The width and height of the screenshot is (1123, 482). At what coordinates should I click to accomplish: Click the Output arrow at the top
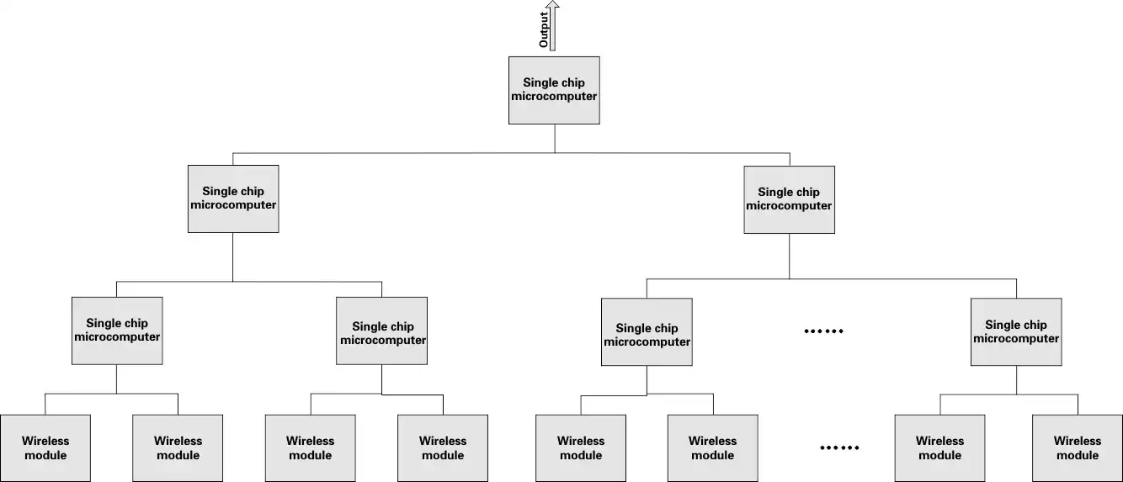553,25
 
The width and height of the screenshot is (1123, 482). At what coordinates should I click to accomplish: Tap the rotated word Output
544,29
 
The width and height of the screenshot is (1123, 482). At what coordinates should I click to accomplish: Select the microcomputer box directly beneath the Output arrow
554,90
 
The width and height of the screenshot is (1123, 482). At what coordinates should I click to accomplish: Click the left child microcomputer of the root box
233,199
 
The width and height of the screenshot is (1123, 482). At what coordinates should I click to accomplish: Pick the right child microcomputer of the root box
789,199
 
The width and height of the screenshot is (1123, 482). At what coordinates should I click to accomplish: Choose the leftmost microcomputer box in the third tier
117,331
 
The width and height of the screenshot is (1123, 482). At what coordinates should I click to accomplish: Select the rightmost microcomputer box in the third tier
1016,331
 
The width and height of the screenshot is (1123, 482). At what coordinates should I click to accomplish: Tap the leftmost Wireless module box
45,448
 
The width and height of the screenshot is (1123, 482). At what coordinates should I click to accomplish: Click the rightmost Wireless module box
1078,448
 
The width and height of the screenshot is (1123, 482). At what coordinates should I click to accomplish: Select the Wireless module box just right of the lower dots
939,448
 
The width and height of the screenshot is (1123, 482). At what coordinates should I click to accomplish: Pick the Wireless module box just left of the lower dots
712,448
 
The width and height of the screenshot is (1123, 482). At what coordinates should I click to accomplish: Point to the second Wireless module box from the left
178,448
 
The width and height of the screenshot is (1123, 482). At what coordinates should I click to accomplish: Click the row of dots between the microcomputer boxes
823,331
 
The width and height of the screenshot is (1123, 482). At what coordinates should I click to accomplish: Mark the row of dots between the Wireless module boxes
839,448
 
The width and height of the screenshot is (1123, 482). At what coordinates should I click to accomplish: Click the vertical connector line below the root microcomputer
555,138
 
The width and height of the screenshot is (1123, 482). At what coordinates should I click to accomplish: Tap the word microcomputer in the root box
554,97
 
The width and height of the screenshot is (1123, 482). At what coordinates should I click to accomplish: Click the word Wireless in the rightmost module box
1078,441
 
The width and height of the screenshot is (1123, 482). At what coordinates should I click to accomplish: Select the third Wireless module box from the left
311,448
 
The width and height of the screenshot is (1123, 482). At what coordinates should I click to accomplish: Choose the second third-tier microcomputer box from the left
381,331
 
